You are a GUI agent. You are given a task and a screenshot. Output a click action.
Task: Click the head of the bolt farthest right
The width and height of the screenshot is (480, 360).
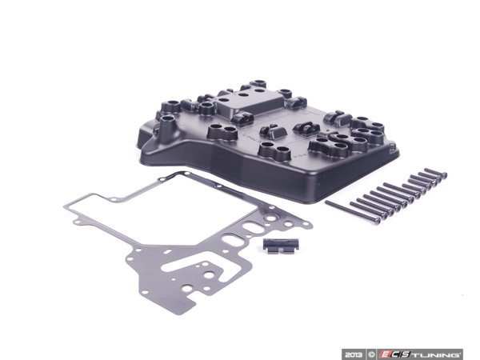(x=442, y=172)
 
